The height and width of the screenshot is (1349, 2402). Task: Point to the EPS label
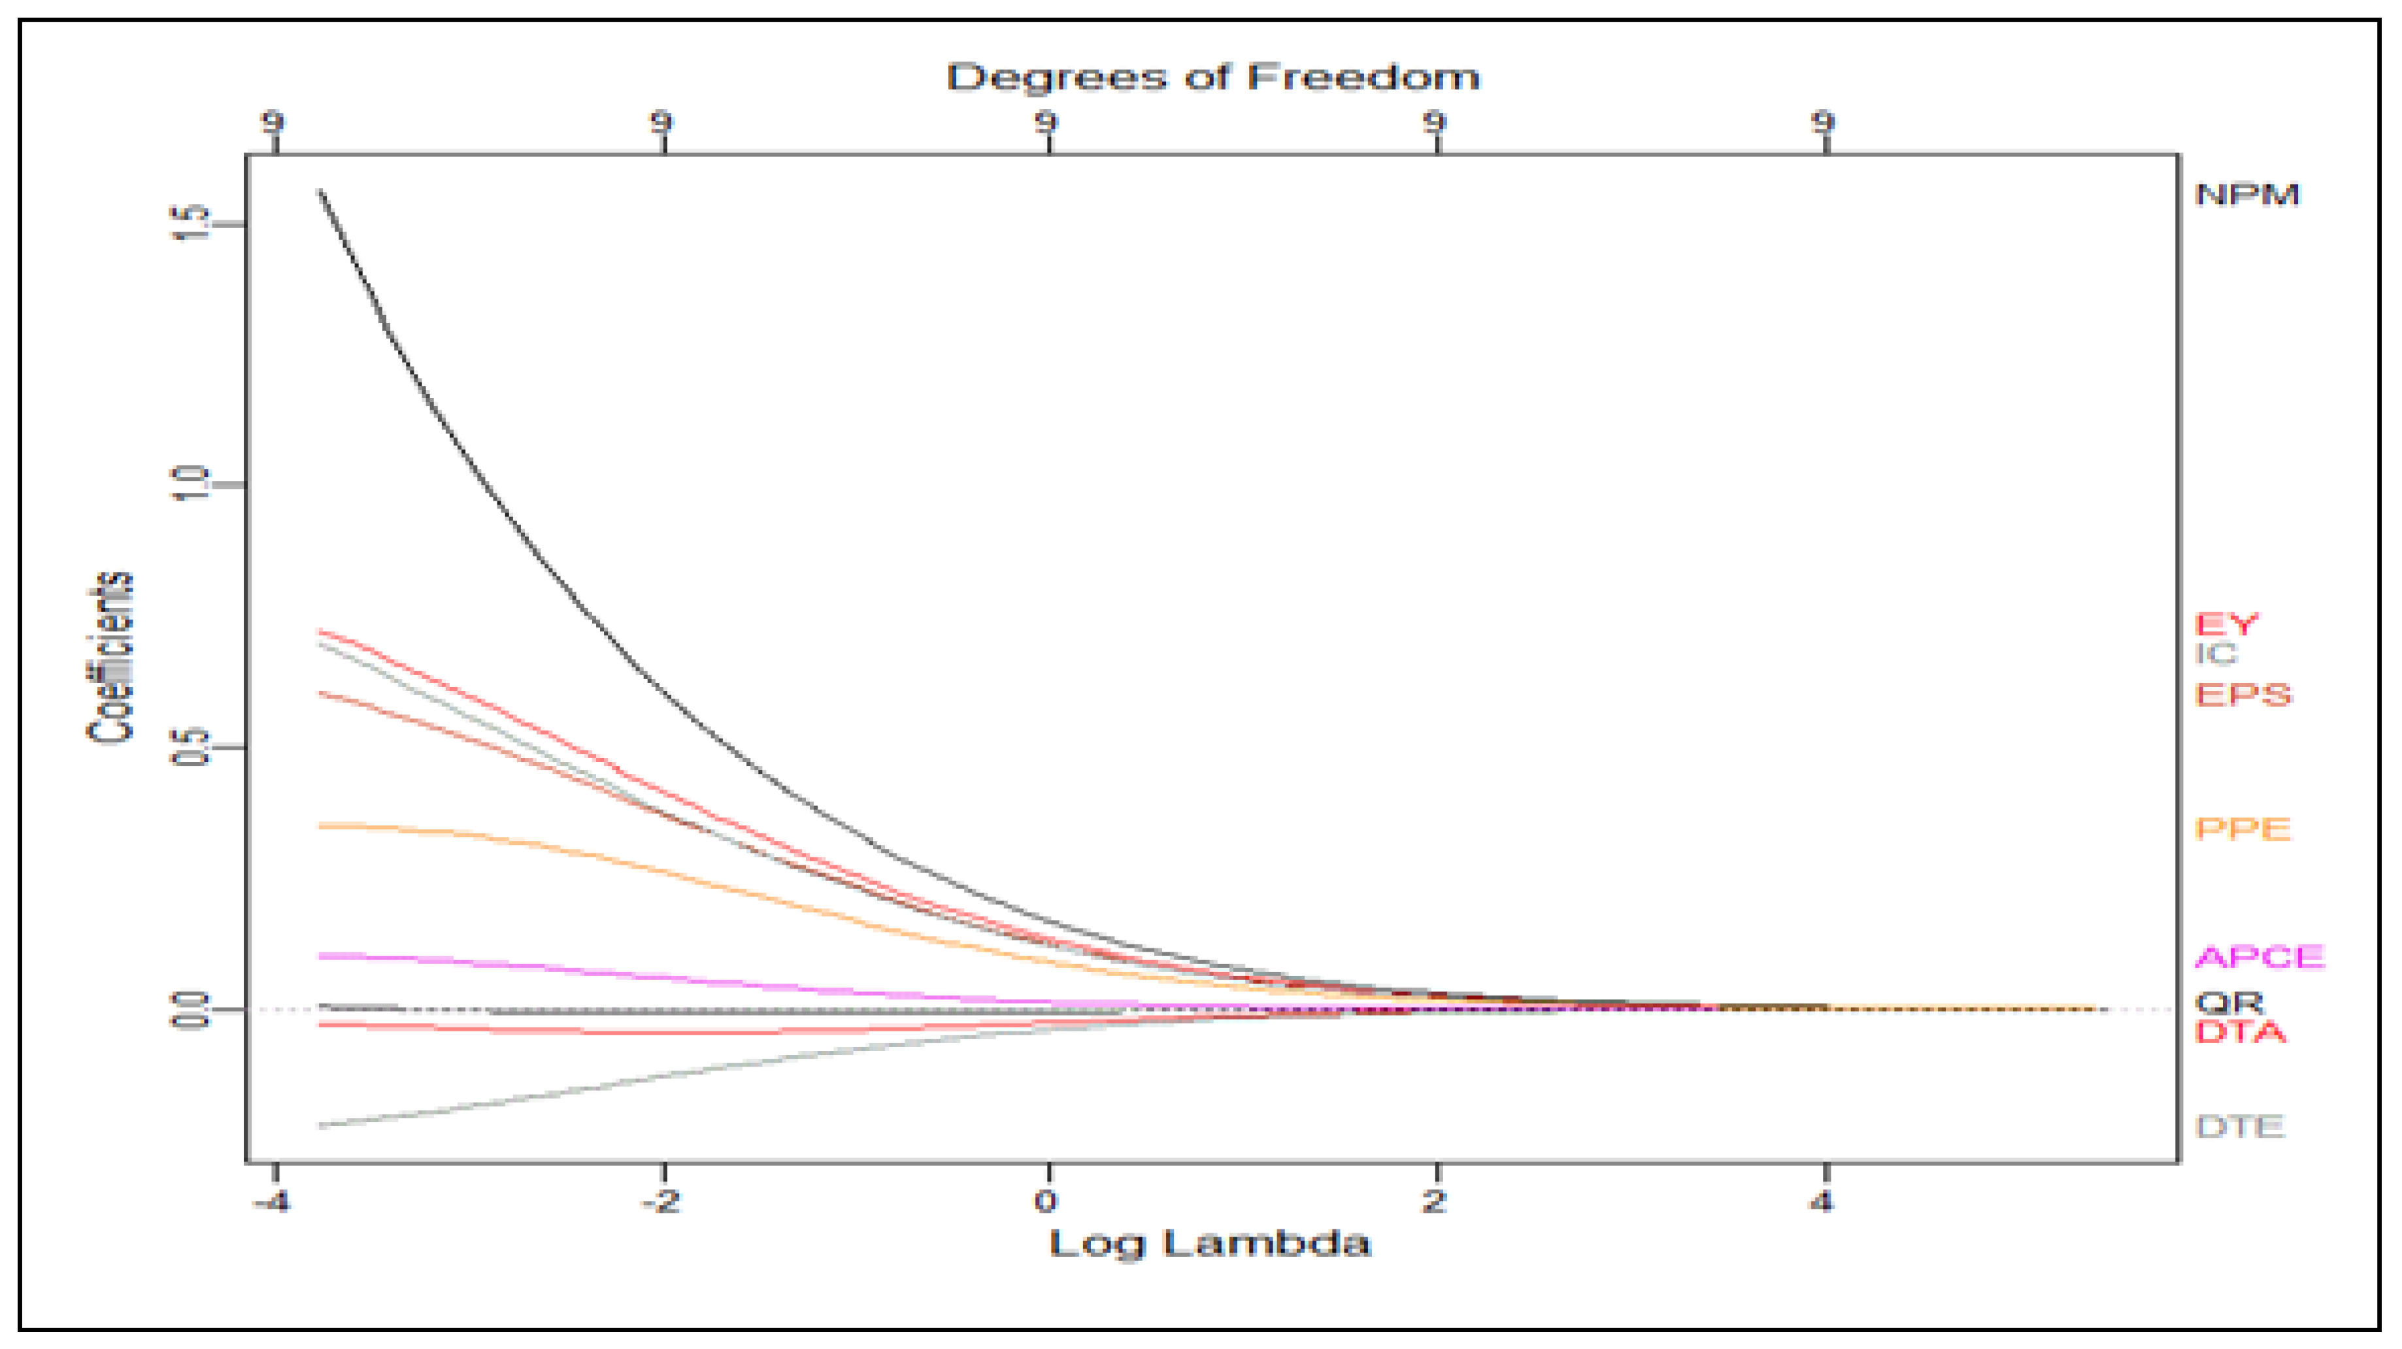(x=2243, y=695)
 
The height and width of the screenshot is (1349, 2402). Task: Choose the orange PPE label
(x=2243, y=829)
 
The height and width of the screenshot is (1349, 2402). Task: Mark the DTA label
(x=2241, y=1032)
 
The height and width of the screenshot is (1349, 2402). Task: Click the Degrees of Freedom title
(x=1213, y=77)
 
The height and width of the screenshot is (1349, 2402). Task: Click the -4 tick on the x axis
(x=271, y=1201)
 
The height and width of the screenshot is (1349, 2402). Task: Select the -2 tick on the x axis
(x=661, y=1201)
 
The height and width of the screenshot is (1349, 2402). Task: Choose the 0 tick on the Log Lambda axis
(x=1047, y=1201)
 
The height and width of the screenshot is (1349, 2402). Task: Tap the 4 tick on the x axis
(x=1822, y=1201)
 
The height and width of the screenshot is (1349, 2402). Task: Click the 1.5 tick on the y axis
(x=190, y=224)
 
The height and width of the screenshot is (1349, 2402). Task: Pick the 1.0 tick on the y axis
(x=190, y=484)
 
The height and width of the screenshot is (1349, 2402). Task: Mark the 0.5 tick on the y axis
(x=190, y=747)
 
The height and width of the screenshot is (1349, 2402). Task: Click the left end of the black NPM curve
(x=320, y=191)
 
